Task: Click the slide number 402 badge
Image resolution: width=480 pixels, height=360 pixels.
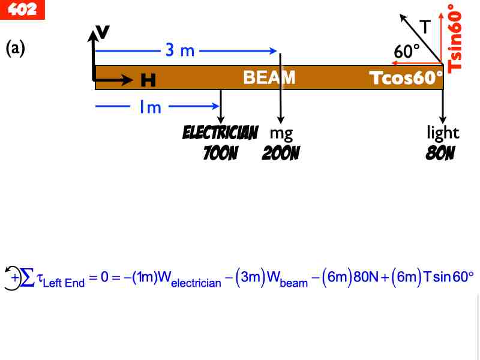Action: click(22, 9)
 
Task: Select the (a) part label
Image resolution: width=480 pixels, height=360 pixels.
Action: click(15, 48)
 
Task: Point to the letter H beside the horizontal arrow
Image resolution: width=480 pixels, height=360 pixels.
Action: click(148, 80)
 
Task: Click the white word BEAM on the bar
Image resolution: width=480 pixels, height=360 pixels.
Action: click(269, 77)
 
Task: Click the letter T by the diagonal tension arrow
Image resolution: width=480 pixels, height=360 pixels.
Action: click(425, 26)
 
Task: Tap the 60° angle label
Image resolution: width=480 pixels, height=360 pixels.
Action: click(407, 52)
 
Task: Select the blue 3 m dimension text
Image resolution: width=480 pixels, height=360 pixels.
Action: click(180, 50)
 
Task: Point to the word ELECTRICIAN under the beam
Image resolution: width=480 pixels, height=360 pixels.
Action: click(220, 132)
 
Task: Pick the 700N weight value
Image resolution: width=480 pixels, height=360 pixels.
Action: click(220, 154)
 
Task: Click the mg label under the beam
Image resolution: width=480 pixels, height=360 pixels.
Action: click(281, 132)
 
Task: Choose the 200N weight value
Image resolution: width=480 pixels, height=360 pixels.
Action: click(281, 154)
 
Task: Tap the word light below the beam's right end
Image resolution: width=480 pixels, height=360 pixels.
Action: click(443, 132)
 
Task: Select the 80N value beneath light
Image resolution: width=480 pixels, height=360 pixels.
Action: click(440, 154)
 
